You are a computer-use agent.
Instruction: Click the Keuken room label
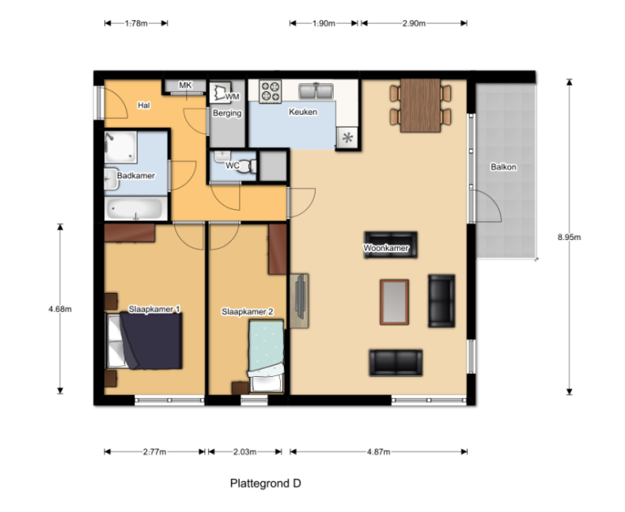pos(303,112)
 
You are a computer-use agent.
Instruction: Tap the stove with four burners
pos(270,91)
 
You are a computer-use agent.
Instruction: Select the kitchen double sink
pos(316,91)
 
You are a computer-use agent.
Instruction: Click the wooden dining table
pos(420,105)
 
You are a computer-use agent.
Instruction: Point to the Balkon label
pos(504,167)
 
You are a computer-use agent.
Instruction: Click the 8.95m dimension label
pos(569,237)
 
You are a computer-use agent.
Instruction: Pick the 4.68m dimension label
pos(60,309)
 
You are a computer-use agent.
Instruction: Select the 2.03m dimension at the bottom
pos(245,452)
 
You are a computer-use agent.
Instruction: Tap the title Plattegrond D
pos(265,484)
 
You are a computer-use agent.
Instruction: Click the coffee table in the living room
pos(394,302)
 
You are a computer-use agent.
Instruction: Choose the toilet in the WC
pos(247,166)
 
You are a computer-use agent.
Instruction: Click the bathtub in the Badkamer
pos(136,208)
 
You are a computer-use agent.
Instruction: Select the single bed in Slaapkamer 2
pos(266,356)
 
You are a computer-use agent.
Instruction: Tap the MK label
pos(186,85)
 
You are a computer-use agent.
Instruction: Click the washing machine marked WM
pos(221,93)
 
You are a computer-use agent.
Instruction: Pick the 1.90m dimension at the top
pos(324,23)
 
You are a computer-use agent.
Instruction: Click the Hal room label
pos(143,105)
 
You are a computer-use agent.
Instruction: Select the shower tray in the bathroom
pos(120,147)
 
